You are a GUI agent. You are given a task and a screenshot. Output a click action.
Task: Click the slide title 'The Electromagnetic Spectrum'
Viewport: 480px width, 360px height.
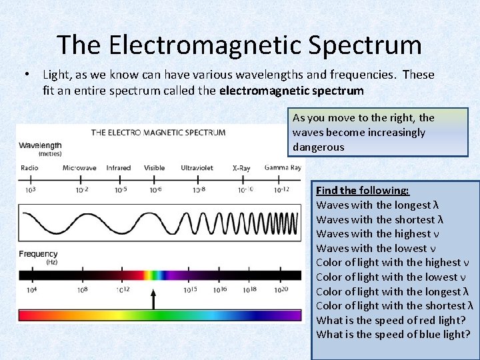pos(239,45)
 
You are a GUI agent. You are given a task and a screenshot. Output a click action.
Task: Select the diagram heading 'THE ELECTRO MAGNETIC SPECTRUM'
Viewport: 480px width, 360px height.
pos(158,132)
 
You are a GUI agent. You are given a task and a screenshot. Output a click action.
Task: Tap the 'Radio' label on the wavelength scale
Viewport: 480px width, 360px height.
pos(29,168)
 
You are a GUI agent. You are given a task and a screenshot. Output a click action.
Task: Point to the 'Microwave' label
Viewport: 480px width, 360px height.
pos(79,168)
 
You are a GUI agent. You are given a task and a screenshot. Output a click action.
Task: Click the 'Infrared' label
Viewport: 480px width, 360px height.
pos(119,168)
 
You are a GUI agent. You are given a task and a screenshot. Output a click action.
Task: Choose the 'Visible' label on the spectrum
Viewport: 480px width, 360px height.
pos(154,168)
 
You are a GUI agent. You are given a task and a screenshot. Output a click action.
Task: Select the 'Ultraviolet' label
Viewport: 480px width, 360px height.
pos(197,168)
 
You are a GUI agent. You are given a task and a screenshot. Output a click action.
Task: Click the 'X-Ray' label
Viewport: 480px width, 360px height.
pos(241,168)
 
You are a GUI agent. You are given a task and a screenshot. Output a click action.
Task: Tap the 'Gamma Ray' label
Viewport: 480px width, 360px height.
pos(283,167)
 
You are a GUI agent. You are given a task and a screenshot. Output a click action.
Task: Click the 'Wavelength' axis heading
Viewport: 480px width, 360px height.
pos(40,145)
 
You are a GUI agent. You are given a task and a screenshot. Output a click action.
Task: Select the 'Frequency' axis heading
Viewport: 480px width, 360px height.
pos(38,254)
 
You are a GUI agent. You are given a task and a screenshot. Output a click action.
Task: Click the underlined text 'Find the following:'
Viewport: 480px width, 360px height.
pos(362,191)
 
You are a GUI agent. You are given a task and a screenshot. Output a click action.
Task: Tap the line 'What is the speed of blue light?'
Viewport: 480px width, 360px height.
pos(393,335)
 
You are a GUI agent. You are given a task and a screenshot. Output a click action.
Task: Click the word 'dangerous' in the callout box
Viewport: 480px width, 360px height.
pos(318,147)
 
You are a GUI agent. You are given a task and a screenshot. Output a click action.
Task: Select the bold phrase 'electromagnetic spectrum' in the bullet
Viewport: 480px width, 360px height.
pos(291,90)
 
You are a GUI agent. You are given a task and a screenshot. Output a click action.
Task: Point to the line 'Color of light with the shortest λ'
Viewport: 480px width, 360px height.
pos(394,306)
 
